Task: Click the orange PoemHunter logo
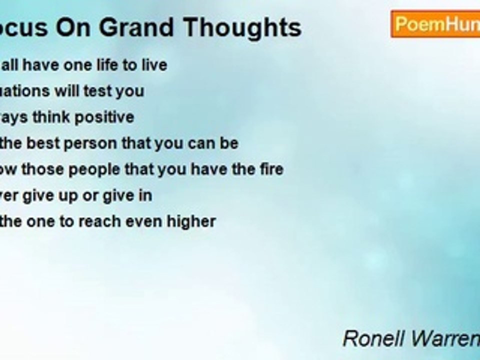tap(435, 24)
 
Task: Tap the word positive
tap(104, 117)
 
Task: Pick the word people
tap(94, 169)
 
